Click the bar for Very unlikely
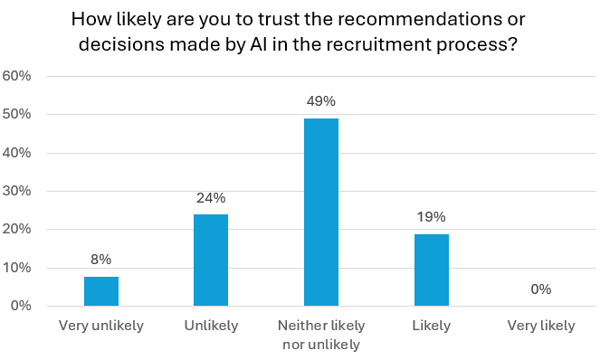click(101, 291)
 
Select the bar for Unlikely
click(211, 261)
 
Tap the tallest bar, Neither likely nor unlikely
click(321, 213)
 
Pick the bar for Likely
click(432, 270)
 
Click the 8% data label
click(101, 259)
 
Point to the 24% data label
click(211, 197)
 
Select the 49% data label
click(321, 101)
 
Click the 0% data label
click(541, 289)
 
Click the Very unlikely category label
click(101, 326)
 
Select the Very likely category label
click(541, 326)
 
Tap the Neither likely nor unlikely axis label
click(321, 334)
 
